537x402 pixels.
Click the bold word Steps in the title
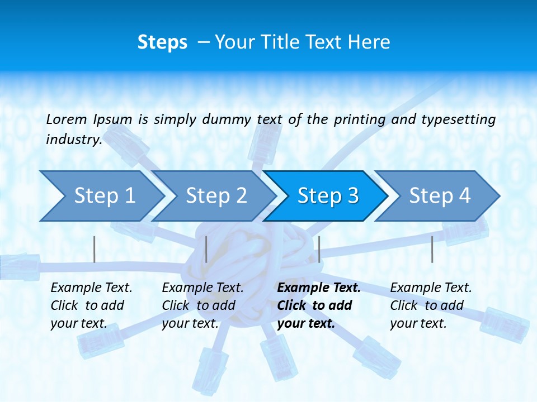point(162,42)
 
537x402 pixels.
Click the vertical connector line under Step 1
point(95,249)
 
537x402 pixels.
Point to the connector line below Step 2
point(206,249)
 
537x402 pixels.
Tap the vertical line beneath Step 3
point(319,249)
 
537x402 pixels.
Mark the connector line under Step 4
point(432,249)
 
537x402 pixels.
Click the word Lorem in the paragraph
point(67,119)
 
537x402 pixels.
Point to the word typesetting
point(458,119)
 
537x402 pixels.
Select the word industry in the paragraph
point(73,140)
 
